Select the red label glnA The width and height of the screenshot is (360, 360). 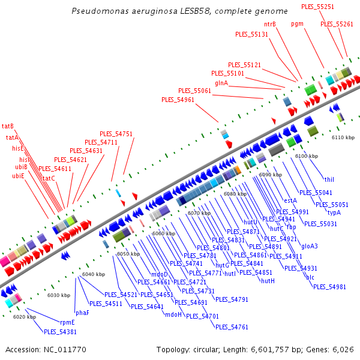coord(221,83)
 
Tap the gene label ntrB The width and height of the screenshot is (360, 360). coord(270,24)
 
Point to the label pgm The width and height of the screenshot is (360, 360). coord(297,24)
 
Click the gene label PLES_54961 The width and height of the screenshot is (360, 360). coord(178,100)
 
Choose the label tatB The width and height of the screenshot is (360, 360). coord(8,126)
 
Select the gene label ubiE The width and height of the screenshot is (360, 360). coord(18,176)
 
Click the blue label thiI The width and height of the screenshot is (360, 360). coord(329,179)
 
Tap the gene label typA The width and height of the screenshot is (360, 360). coord(334,212)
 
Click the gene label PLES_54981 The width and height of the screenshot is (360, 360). coord(329,287)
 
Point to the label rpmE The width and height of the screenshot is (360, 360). coord(68,322)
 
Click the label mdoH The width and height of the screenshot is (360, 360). coord(173,314)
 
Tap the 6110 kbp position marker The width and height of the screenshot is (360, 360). coord(343,137)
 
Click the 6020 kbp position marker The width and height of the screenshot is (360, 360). coord(24,317)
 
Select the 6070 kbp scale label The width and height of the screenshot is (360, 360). coord(199,213)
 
